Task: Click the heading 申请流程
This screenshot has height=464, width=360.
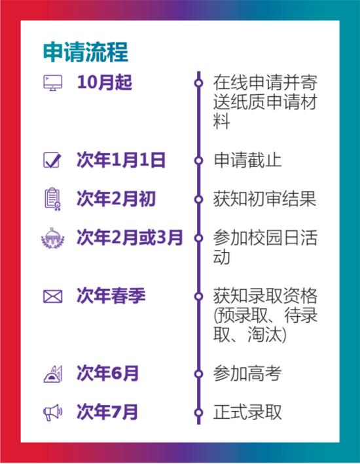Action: (86, 52)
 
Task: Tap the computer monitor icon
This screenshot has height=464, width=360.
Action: (53, 82)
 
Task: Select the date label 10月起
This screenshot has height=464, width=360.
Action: (105, 82)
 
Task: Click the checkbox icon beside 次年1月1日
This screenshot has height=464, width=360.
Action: (52, 160)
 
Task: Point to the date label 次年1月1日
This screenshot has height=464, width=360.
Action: (121, 160)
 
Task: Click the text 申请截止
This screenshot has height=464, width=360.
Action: (247, 160)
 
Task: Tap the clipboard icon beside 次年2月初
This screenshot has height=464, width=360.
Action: (53, 199)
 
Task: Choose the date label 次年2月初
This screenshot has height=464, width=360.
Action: (116, 198)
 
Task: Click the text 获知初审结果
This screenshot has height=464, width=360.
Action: (264, 198)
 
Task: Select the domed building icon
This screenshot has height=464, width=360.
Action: (53, 238)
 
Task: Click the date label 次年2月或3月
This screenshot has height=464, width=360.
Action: (130, 238)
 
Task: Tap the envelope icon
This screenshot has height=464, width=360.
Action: (53, 296)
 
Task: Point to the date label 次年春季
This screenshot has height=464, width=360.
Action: (111, 296)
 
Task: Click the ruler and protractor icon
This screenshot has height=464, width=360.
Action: (53, 374)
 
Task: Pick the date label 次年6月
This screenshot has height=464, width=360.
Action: (107, 373)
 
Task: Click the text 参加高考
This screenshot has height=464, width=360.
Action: (247, 374)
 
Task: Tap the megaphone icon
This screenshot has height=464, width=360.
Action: (53, 412)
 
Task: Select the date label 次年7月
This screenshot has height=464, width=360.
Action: (107, 412)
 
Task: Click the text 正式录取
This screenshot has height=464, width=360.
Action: (247, 412)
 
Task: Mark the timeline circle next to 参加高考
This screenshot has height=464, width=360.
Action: (198, 374)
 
